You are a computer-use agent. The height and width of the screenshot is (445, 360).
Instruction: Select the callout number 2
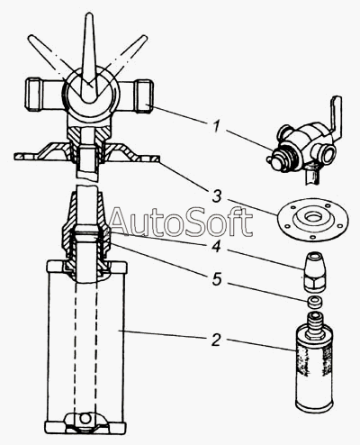[x=216, y=340]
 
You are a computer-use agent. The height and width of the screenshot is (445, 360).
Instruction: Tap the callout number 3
[x=216, y=196]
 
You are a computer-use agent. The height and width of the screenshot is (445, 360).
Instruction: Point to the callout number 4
[x=216, y=247]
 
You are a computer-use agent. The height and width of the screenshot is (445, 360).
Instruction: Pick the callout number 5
[x=217, y=279]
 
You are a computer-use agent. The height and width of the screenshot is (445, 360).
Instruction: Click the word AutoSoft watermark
[x=181, y=222]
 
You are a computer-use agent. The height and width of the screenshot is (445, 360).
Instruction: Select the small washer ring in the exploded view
[x=315, y=302]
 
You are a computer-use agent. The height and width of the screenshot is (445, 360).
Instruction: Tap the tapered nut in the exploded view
[x=315, y=272]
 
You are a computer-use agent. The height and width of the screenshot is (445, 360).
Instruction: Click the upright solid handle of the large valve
[x=89, y=57]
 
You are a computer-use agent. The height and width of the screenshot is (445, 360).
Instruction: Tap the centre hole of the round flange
[x=313, y=216]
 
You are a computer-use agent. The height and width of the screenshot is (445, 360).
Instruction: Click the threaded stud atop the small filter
[x=314, y=322]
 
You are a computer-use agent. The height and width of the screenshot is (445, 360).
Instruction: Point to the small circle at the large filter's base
[x=85, y=418]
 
